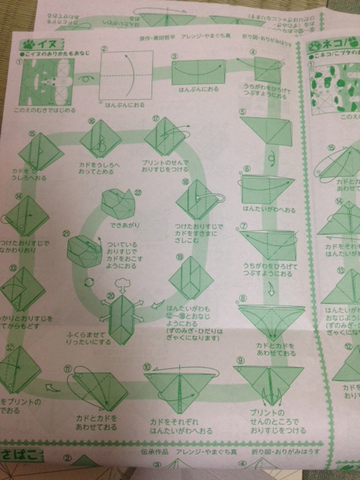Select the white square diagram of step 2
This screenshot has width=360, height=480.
(x=120, y=79)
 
